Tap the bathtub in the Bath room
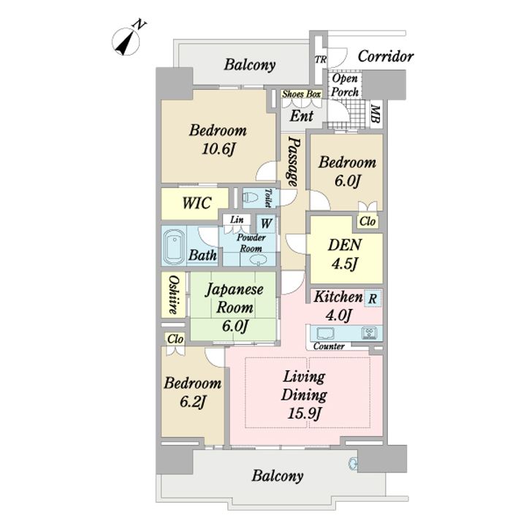pyautogui.click(x=173, y=247)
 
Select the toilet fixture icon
pyautogui.click(x=250, y=198)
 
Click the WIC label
pyautogui.click(x=197, y=203)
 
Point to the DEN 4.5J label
pyautogui.click(x=345, y=254)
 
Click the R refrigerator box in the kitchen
pyautogui.click(x=373, y=298)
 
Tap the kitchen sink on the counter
pyautogui.click(x=325, y=333)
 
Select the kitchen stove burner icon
pyautogui.click(x=369, y=333)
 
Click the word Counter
pyautogui.click(x=329, y=346)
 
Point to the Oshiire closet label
pyautogui.click(x=173, y=294)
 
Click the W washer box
pyautogui.click(x=266, y=224)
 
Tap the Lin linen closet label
pyautogui.click(x=237, y=220)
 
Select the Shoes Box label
pyautogui.click(x=301, y=94)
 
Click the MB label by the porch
pyautogui.click(x=376, y=114)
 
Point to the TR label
pyautogui.click(x=321, y=60)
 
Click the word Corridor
pyautogui.click(x=386, y=56)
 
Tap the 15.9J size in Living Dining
pyautogui.click(x=304, y=413)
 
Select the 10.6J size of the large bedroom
pyautogui.click(x=218, y=148)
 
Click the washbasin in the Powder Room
pyautogui.click(x=259, y=259)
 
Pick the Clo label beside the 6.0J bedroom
pyautogui.click(x=367, y=221)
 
